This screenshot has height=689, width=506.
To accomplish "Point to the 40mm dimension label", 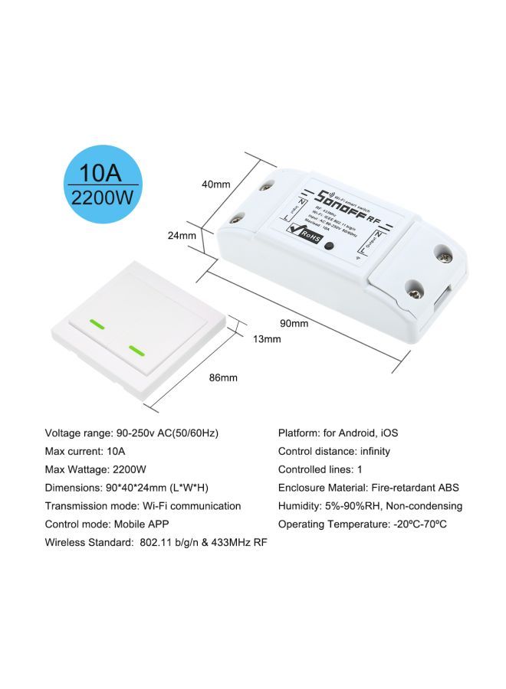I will point(215,184).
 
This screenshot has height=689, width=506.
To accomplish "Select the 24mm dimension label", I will point(182,236).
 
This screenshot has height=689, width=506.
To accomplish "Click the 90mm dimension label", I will point(294,323).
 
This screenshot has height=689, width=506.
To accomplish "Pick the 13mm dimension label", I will point(267,339).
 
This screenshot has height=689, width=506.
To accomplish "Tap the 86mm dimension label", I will point(223,377).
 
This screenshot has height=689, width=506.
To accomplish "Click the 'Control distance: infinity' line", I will point(333,451).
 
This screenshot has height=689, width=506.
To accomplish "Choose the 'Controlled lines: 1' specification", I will point(320,469).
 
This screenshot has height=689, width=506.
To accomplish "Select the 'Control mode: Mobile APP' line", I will point(107,524).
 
